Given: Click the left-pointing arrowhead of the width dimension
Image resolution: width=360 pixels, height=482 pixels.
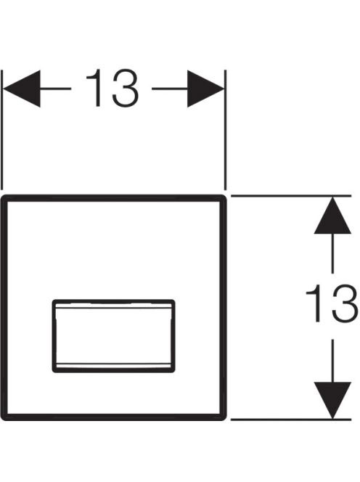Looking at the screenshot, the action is pyautogui.click(x=22, y=89).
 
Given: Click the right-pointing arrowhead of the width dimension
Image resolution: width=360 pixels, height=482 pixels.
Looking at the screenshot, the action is pyautogui.click(x=206, y=89).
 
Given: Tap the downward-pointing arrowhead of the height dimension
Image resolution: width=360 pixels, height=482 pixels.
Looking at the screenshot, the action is pyautogui.click(x=332, y=400).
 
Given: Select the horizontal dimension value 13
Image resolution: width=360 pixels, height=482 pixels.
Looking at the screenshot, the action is pyautogui.click(x=112, y=89).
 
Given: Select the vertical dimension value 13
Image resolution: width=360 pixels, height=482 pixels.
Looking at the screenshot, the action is pyautogui.click(x=332, y=303).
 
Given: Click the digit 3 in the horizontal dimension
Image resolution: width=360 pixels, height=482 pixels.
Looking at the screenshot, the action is pyautogui.click(x=126, y=89).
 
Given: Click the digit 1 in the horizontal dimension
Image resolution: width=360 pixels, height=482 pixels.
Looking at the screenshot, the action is pyautogui.click(x=94, y=89).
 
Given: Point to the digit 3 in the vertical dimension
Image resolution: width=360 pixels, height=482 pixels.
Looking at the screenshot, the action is pyautogui.click(x=345, y=303).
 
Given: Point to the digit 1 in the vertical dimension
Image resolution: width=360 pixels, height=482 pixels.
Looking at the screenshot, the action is pyautogui.click(x=314, y=303).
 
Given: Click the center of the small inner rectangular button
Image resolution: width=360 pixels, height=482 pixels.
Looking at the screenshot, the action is pyautogui.click(x=114, y=336).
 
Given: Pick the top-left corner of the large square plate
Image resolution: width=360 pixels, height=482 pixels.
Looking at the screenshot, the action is pyautogui.click(x=2, y=196).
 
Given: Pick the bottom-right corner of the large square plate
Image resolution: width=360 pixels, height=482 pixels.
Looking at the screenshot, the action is pyautogui.click(x=225, y=419).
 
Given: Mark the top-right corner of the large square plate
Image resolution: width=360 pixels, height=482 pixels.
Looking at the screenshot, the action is pyautogui.click(x=225, y=196).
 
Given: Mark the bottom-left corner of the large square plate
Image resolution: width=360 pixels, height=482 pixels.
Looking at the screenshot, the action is pyautogui.click(x=2, y=419).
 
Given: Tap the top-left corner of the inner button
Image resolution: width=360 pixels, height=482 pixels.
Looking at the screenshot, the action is pyautogui.click(x=53, y=300).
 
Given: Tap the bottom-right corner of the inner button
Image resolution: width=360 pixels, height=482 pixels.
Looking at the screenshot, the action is pyautogui.click(x=174, y=372).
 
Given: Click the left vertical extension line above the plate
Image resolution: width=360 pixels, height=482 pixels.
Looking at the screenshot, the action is pyautogui.click(x=2, y=130).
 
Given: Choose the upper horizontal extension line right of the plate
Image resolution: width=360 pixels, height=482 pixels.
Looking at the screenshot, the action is pyautogui.click(x=291, y=196).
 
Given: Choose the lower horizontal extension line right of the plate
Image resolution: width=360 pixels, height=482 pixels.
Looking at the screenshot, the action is pyautogui.click(x=291, y=419).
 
